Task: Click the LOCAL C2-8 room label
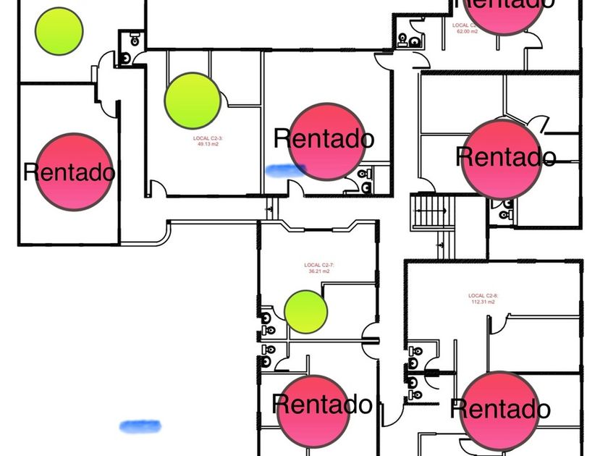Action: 482,295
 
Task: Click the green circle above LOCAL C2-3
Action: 193,101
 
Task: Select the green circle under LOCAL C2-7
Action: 305,311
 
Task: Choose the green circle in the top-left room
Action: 59,30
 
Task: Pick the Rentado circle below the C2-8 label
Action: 499,410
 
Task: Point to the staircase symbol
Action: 432,211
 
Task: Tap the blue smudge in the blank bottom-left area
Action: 140,426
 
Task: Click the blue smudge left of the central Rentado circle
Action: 285,170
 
